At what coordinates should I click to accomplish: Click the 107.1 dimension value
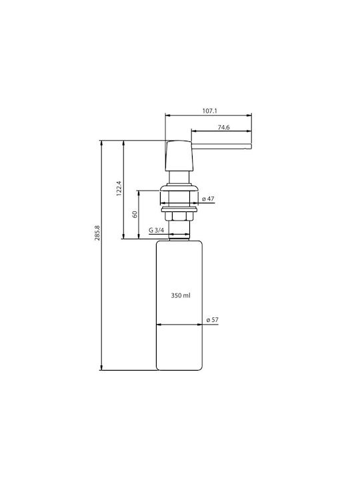tap(210, 111)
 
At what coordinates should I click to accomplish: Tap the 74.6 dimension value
tap(224, 127)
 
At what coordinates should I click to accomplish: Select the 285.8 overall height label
tap(97, 233)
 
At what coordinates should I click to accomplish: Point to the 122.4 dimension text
tap(119, 188)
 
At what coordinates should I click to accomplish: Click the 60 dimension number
tap(135, 214)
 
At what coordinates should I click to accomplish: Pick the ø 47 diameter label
tap(208, 199)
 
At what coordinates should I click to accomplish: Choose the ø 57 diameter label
tap(213, 320)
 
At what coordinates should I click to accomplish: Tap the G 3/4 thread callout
tap(157, 230)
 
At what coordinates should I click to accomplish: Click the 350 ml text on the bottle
tap(181, 296)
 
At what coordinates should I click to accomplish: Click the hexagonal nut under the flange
tap(179, 216)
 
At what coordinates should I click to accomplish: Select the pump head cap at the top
tap(179, 156)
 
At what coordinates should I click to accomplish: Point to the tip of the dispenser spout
tap(251, 146)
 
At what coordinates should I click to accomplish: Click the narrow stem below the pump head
tap(179, 177)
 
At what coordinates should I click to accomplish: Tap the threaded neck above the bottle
tap(179, 235)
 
